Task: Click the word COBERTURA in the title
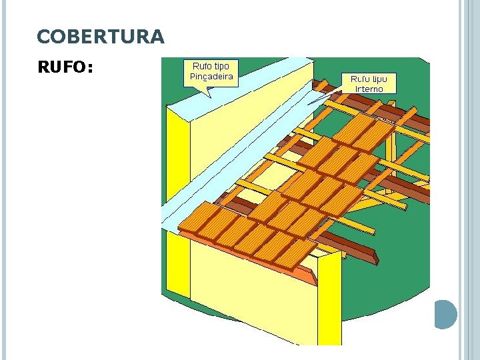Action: click(x=100, y=37)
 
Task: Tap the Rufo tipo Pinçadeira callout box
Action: click(x=211, y=72)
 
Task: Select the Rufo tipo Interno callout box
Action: click(x=369, y=83)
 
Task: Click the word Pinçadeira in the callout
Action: click(x=211, y=77)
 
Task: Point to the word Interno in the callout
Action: click(x=369, y=89)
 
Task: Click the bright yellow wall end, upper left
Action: click(x=177, y=160)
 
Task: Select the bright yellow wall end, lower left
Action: click(x=177, y=263)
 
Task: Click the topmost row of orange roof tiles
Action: click(x=363, y=133)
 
